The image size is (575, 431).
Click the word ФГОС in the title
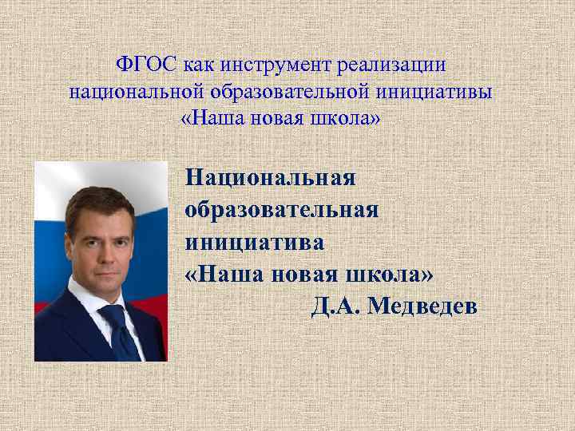pos(146,63)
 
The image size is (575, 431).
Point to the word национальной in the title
pos(124,91)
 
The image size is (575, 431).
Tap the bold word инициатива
pos(255,241)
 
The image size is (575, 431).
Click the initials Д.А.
pos(335,305)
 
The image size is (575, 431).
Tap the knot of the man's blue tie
pos(110,313)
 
